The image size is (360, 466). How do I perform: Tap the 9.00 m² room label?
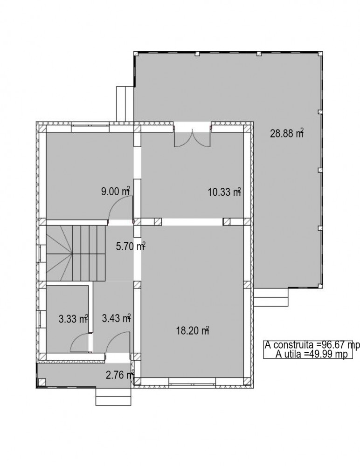116,191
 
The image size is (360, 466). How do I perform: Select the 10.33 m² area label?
224,192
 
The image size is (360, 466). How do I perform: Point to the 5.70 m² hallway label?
130,247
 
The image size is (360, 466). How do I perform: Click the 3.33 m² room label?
73,319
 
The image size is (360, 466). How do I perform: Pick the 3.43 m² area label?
116,318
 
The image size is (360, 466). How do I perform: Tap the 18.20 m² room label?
193,330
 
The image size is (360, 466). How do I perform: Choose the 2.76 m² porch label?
120,375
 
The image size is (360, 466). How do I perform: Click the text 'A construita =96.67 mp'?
312,345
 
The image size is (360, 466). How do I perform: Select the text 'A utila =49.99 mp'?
312,354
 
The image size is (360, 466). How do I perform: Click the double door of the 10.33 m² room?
192,137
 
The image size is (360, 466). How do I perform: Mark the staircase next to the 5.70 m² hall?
76,253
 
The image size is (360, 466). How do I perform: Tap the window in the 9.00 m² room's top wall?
90,128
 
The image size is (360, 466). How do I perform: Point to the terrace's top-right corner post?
320,54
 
